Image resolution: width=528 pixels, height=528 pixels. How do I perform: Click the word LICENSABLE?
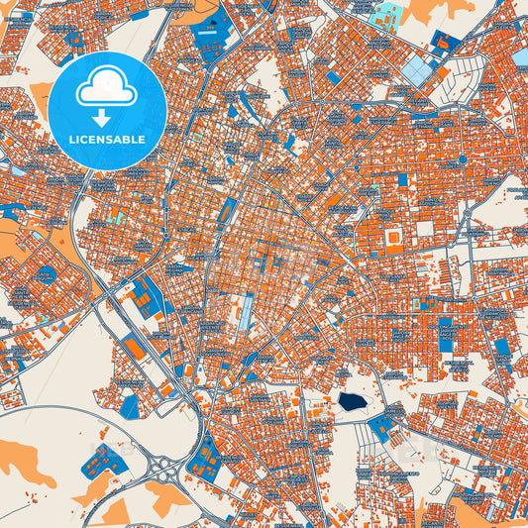pos(107,138)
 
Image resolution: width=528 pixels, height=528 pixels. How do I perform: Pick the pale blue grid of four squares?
pos(418,69)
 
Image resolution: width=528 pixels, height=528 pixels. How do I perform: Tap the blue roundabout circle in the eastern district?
pos(462,158)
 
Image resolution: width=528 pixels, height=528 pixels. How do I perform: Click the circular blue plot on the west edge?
pos(46,273)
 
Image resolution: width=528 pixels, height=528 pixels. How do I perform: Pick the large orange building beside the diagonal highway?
pos(134,348)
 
